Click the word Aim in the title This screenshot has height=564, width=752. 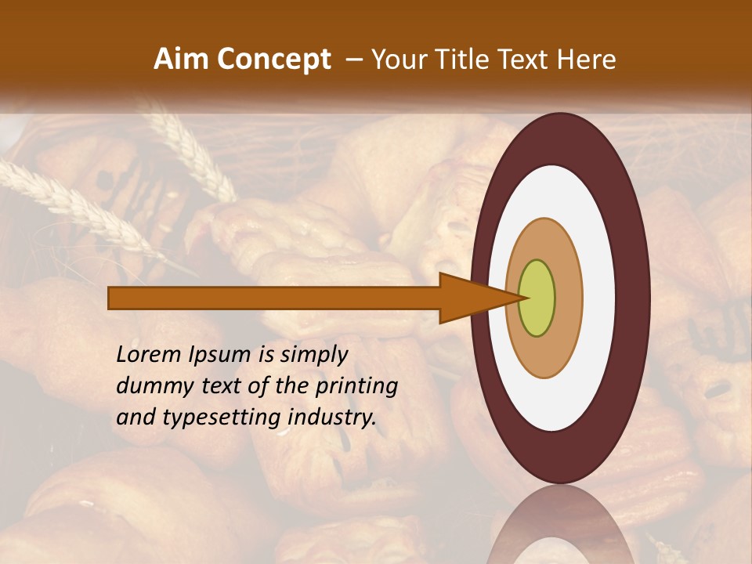click(x=183, y=60)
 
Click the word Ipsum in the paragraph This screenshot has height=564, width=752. click(x=217, y=355)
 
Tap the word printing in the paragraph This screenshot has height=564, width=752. click(x=356, y=386)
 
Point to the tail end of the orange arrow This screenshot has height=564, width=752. click(x=114, y=298)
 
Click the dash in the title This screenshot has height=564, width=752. click(x=353, y=60)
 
